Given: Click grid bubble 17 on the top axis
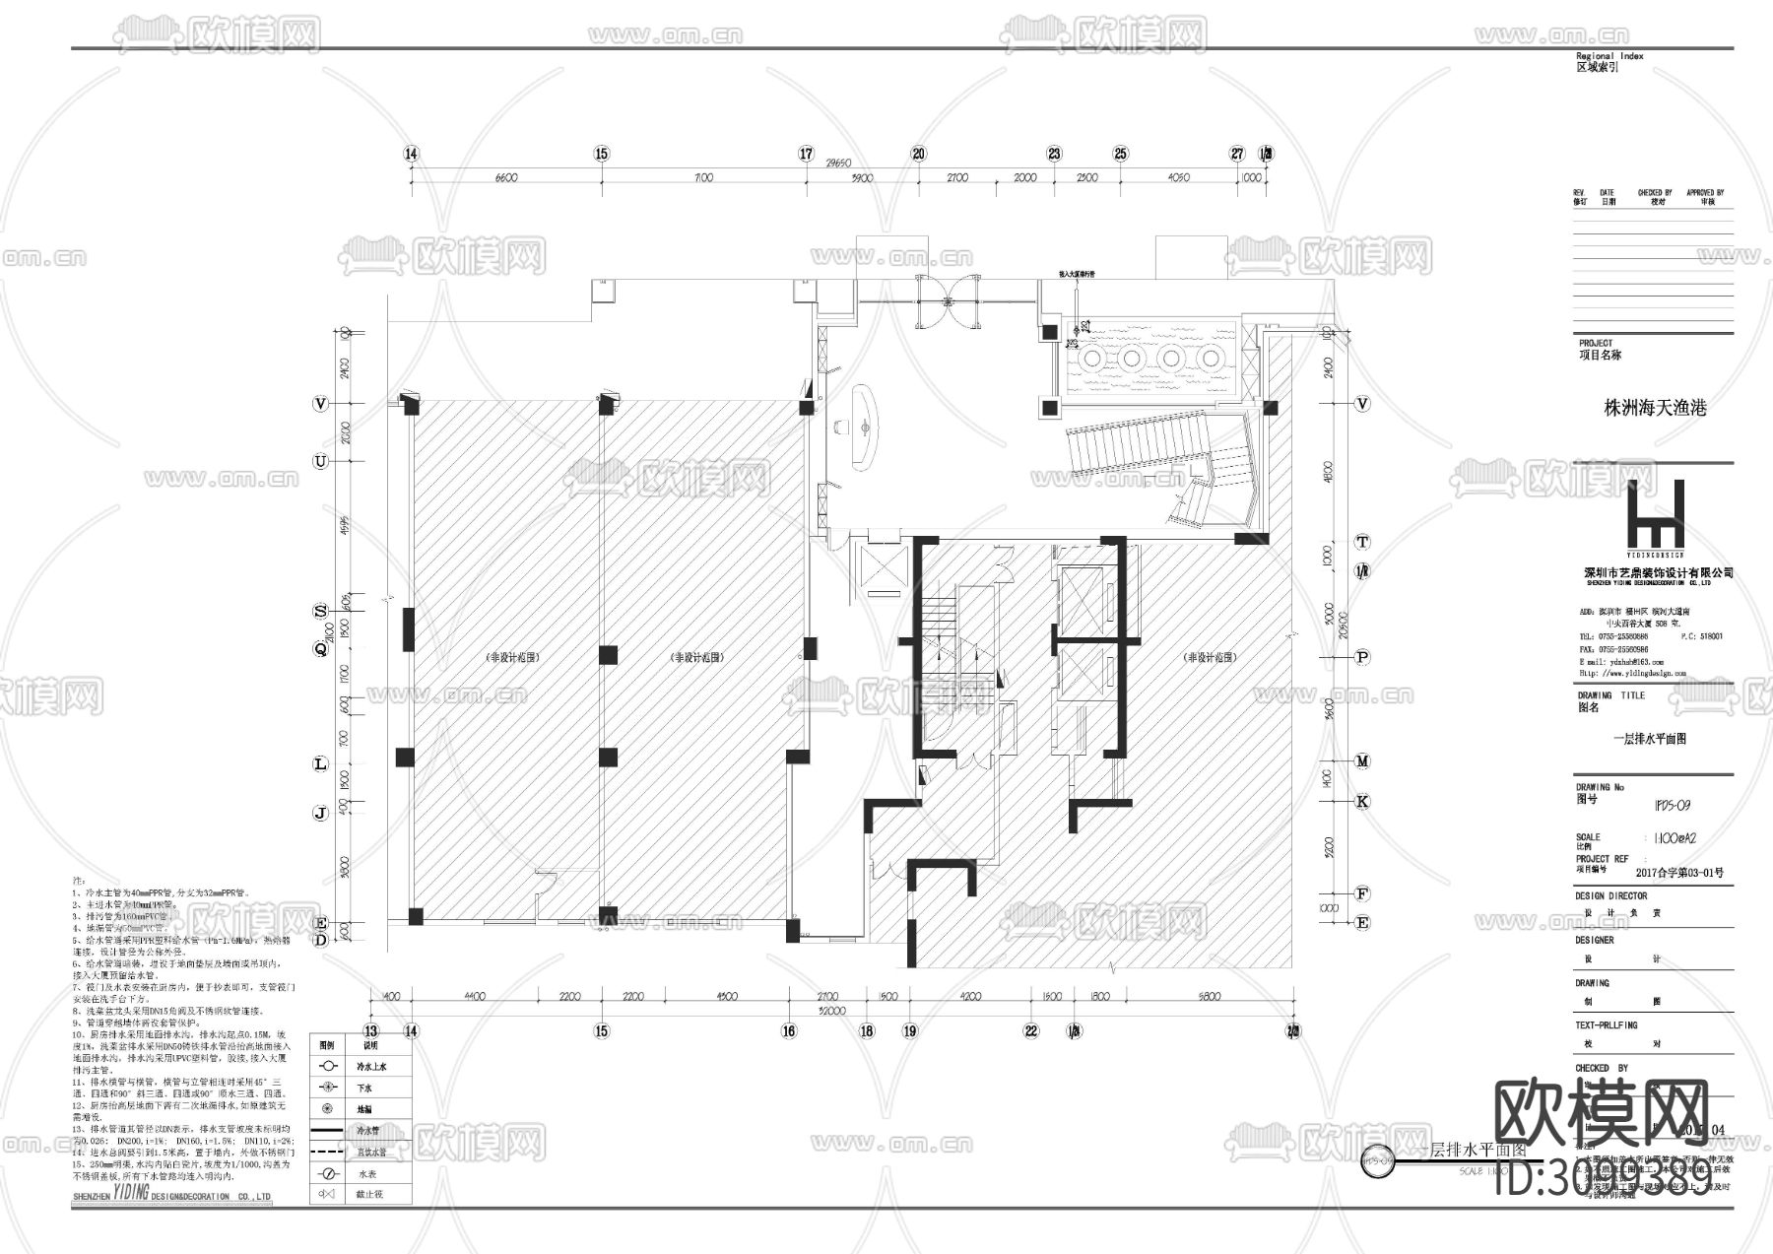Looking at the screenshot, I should tap(806, 154).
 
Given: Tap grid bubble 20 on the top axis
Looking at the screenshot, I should tap(918, 154).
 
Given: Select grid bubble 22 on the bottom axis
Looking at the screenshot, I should tap(1031, 1031).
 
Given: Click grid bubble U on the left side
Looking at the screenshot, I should tap(320, 461).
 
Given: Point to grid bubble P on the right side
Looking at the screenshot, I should tap(1362, 657).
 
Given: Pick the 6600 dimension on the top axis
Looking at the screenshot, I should tap(505, 178).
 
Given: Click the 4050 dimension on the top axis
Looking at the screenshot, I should tap(1178, 178).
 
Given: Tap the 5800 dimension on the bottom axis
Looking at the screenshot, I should tap(1210, 997).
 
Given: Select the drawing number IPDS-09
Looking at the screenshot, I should tap(1672, 806).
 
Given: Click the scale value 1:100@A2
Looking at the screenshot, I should tap(1674, 838).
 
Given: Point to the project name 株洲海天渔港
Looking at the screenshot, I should tap(1655, 408).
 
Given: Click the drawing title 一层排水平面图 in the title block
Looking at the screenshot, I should tap(1649, 739).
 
